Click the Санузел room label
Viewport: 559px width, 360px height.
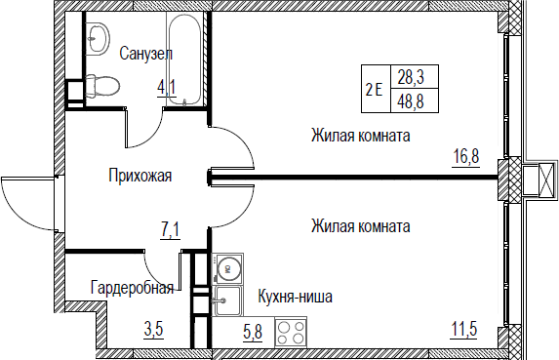pos(145,54)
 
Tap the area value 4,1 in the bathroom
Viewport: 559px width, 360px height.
pos(167,88)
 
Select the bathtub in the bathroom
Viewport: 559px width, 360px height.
pos(184,60)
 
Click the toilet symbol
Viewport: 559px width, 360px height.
pos(102,86)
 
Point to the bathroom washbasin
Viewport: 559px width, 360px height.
pos(98,38)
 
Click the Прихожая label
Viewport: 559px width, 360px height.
pos(140,176)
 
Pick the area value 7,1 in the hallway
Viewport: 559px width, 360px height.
pos(171,230)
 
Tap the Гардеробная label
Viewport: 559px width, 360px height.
pos(132,287)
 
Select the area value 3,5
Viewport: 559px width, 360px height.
pos(154,329)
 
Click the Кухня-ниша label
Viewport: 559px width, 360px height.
pos(296,297)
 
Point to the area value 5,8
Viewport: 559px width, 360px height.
pos(253,333)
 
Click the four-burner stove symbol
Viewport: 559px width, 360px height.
pos(291,333)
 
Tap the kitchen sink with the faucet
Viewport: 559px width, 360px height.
pos(228,301)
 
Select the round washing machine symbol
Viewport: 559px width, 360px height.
pos(228,269)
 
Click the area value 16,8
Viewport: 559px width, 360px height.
pos(466,157)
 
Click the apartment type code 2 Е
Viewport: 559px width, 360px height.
pos(374,89)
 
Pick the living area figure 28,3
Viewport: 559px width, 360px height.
pos(411,77)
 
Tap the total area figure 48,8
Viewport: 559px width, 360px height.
pos(411,101)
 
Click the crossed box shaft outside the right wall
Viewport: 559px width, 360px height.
pos(539,180)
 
